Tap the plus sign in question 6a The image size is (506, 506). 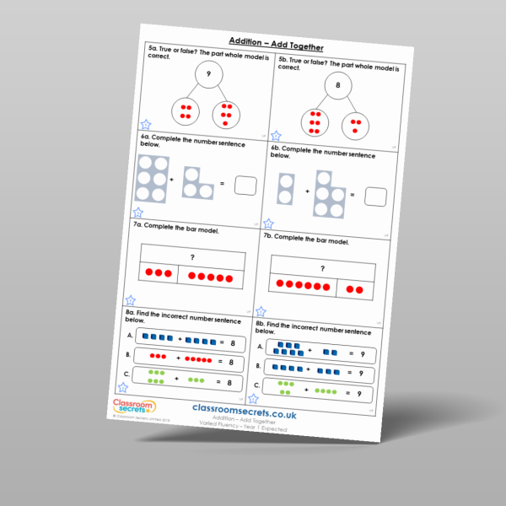pos(172,180)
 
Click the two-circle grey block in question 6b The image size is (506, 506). pos(287,187)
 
